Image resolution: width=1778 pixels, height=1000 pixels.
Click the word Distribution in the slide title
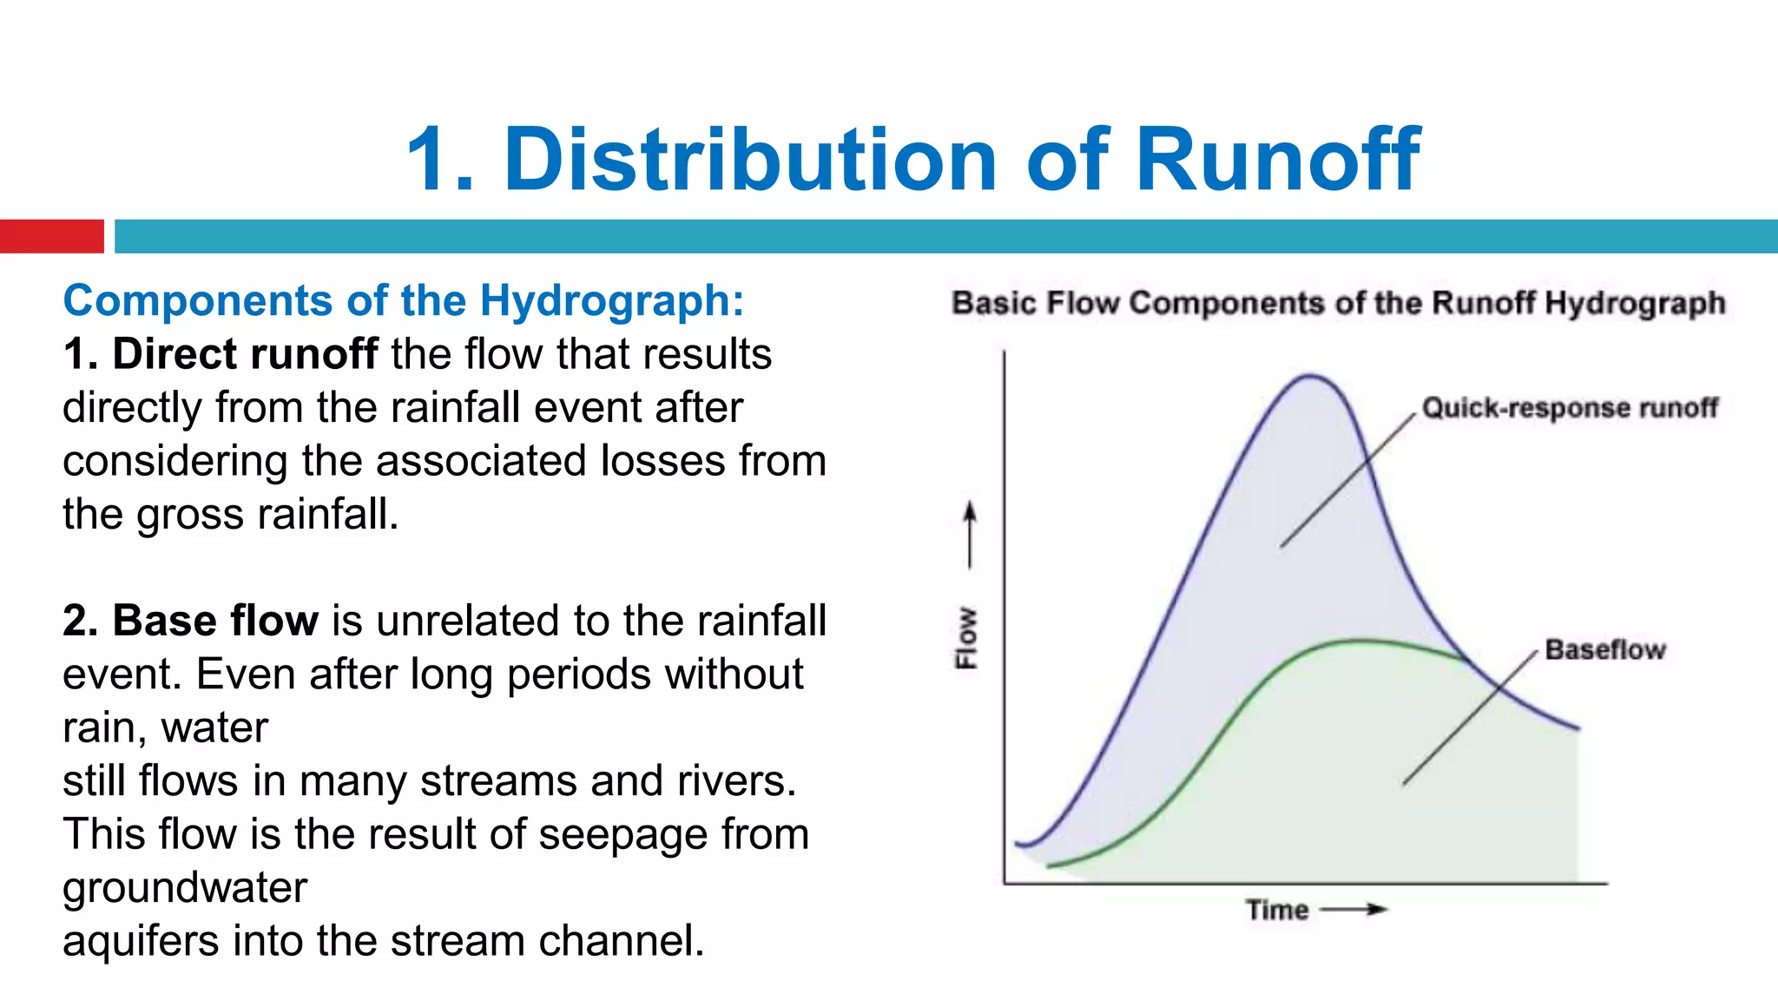749,160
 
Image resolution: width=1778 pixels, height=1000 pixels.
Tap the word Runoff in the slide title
1277,160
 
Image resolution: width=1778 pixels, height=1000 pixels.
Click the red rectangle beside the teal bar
51,236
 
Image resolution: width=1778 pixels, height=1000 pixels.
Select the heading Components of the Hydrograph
404,301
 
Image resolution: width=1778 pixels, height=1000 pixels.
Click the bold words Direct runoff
245,354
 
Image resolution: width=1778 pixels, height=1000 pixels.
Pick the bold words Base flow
215,621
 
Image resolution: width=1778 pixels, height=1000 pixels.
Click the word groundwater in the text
185,887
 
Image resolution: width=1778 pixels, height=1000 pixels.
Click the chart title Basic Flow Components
1338,303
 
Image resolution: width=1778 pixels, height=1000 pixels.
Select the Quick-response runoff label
1569,408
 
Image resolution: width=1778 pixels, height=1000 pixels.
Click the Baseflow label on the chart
1604,649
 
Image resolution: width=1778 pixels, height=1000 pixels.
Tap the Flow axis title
966,637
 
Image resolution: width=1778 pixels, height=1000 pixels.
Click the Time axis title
1277,910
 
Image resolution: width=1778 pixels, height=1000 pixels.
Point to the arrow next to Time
1354,910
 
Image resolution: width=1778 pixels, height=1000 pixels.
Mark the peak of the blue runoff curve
1310,376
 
